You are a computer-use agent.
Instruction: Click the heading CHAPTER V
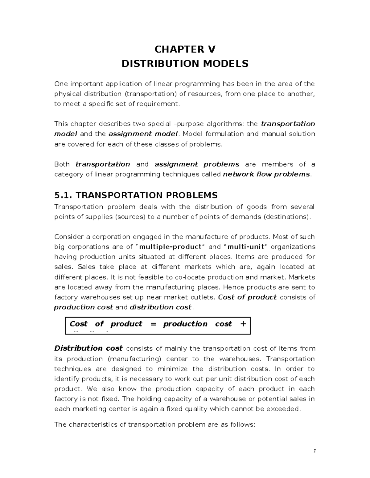coord(185,49)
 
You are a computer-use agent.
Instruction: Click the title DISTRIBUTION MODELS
coord(185,64)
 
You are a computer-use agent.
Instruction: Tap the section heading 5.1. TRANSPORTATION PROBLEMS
coord(136,195)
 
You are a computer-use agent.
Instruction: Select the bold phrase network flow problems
coord(266,175)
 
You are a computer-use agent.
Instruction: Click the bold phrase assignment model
coord(143,134)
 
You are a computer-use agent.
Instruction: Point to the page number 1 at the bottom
coord(314,451)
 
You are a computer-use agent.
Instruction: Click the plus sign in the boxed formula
coord(243,324)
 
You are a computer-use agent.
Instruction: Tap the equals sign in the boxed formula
coord(152,324)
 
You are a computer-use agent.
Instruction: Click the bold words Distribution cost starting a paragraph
coord(88,348)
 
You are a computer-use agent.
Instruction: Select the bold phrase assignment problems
coord(197,164)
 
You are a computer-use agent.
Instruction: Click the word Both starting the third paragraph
coord(62,164)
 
